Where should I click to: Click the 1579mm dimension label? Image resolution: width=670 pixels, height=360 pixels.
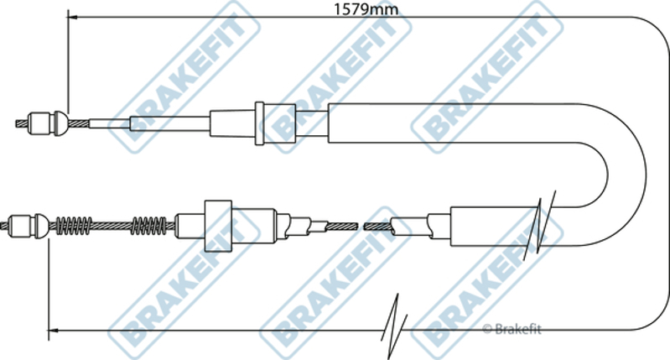click(366, 9)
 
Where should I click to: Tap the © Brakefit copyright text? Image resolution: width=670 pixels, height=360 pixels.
click(512, 329)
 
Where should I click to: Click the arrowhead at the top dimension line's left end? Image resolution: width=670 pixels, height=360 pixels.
click(73, 18)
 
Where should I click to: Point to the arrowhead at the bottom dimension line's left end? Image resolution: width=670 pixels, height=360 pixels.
click(53, 330)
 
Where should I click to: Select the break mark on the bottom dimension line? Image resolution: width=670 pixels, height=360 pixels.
click(394, 326)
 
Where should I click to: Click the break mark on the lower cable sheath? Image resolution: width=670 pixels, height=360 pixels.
click(539, 222)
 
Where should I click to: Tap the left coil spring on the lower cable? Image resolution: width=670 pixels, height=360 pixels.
click(74, 226)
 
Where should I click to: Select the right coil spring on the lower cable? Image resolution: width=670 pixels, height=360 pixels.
click(148, 226)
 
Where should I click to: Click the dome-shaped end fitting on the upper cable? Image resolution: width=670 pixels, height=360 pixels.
click(60, 123)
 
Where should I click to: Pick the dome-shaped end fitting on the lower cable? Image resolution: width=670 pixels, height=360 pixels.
click(41, 226)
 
